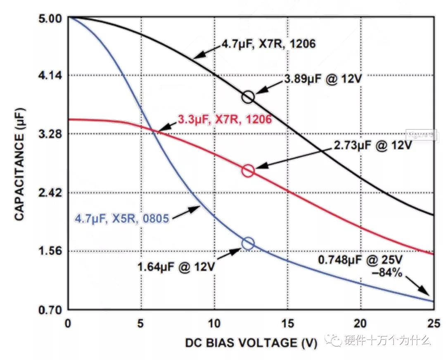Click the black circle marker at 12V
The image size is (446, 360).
[x=248, y=97]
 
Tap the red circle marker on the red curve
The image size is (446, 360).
[x=248, y=170]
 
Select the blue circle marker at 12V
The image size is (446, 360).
[x=248, y=243]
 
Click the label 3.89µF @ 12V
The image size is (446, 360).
[x=323, y=79]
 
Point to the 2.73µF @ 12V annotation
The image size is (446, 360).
[x=372, y=146]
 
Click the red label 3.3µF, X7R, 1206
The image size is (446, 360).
[x=225, y=120]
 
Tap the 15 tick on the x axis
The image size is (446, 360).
[x=287, y=323]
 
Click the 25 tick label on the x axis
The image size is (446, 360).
[x=433, y=323]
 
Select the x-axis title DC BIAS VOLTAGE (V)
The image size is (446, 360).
[x=251, y=343]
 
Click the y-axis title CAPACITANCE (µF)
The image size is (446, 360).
[x=19, y=164]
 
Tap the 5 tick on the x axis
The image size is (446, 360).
[x=141, y=323]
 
